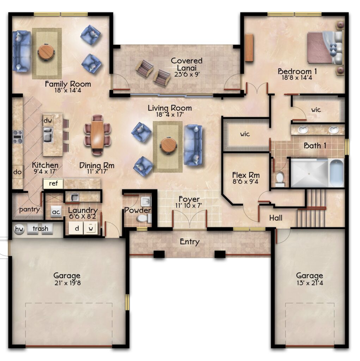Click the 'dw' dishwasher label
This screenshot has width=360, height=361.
(48, 121)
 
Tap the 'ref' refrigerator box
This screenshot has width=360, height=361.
(53, 183)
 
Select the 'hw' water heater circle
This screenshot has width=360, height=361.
(19, 229)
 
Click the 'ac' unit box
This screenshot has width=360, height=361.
(56, 212)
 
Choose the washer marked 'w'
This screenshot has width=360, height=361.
(91, 228)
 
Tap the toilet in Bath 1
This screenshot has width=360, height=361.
(280, 179)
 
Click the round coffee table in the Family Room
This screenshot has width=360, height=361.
(46, 52)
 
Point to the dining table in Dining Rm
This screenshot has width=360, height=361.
(97, 135)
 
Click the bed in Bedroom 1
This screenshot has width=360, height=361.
(325, 48)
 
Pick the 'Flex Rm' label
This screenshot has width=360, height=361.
(246, 175)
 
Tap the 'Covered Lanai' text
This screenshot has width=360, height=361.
(187, 64)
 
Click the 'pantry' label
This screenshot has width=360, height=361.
(30, 209)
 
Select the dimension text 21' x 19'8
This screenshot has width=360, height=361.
(68, 283)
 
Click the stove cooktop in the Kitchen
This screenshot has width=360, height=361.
(18, 137)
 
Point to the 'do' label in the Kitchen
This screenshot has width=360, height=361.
(18, 172)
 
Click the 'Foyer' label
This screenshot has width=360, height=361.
(189, 199)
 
